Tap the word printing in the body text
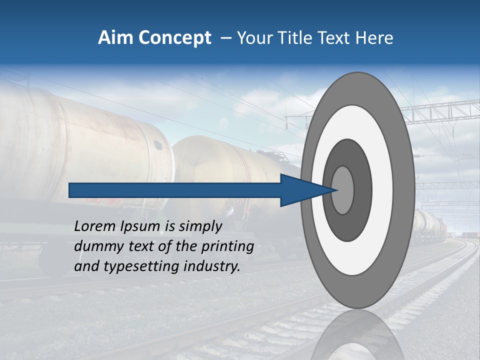(x=225, y=246)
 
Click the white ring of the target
(x=385, y=190)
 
